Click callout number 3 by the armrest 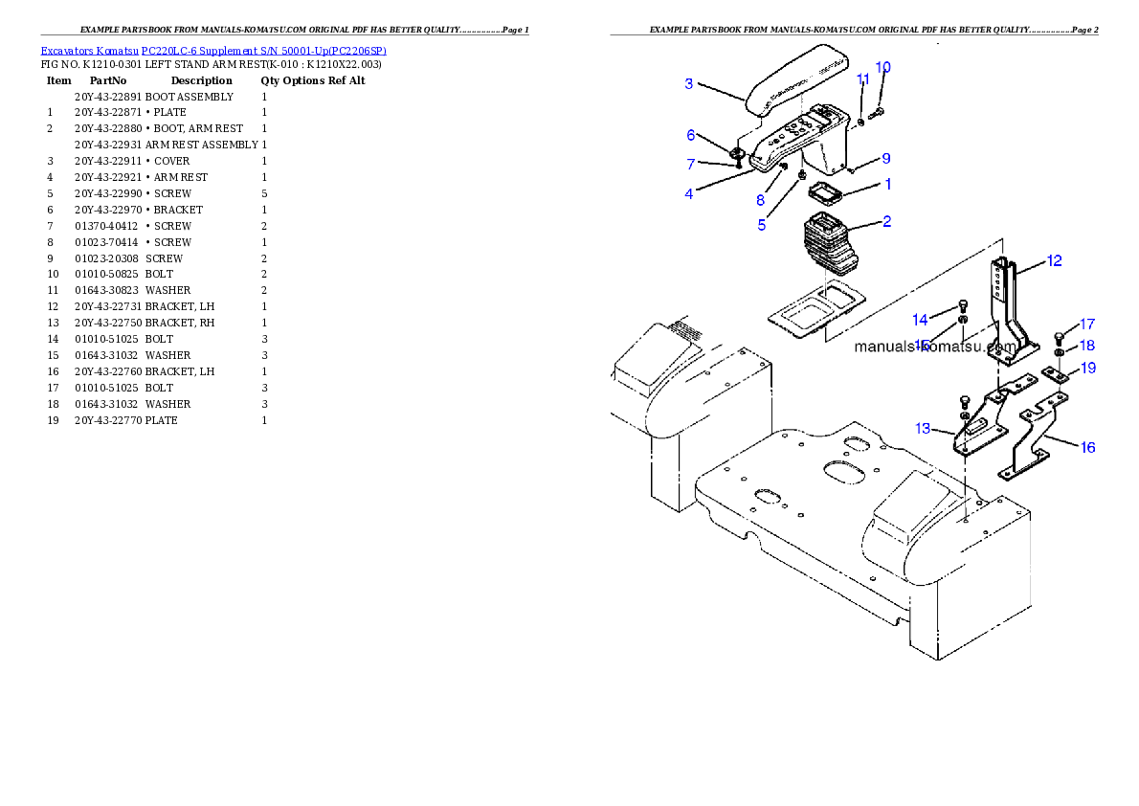(688, 83)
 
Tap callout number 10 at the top (882, 67)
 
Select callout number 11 (863, 78)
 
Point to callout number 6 (690, 135)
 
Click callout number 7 (690, 165)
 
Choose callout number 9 (885, 158)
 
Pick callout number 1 (887, 183)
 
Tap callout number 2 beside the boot (887, 221)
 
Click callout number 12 (1054, 260)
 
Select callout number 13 (923, 429)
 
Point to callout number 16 (1088, 447)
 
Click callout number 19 (1088, 368)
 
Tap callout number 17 (1087, 325)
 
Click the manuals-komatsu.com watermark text (934, 347)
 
